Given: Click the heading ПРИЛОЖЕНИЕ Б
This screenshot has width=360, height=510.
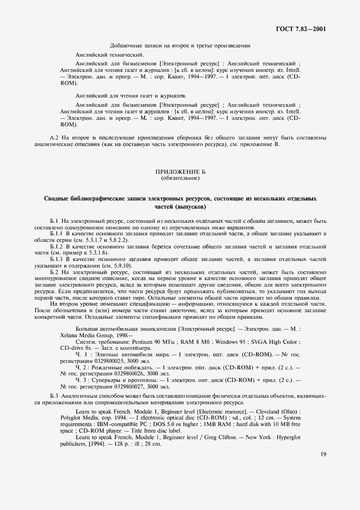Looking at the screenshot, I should click(180, 172).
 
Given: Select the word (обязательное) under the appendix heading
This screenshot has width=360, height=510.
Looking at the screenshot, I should click(180, 179).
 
